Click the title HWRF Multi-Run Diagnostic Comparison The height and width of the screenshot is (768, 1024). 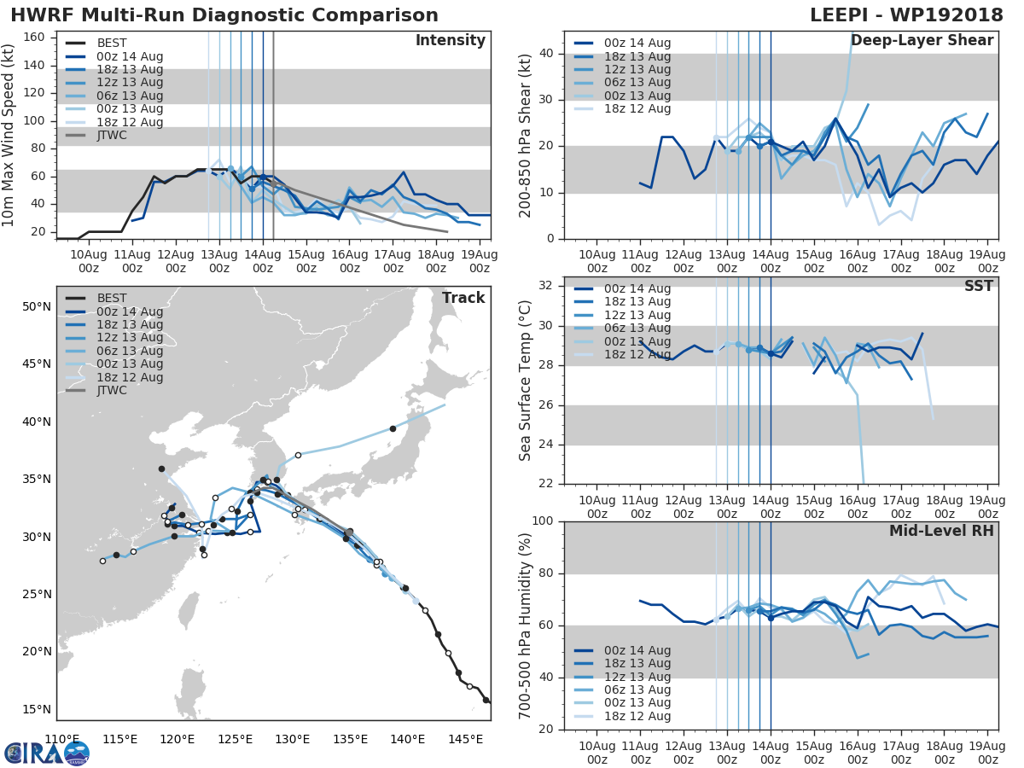(224, 16)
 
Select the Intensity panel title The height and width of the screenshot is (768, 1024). (450, 41)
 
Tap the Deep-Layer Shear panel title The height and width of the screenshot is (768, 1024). (922, 41)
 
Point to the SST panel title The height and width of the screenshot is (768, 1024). (978, 286)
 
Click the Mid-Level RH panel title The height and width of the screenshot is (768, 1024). (941, 531)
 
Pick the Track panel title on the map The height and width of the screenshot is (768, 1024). (463, 298)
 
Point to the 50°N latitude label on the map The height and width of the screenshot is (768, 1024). (35, 306)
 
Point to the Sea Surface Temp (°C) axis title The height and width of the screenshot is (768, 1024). (526, 381)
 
